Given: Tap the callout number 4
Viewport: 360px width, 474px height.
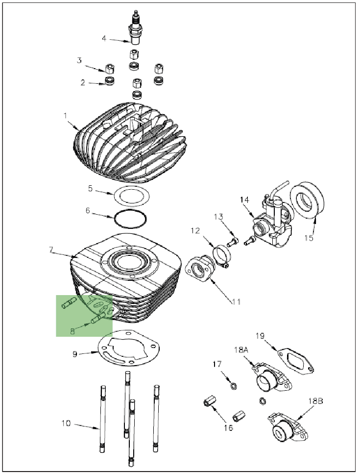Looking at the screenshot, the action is (x=104, y=39).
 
